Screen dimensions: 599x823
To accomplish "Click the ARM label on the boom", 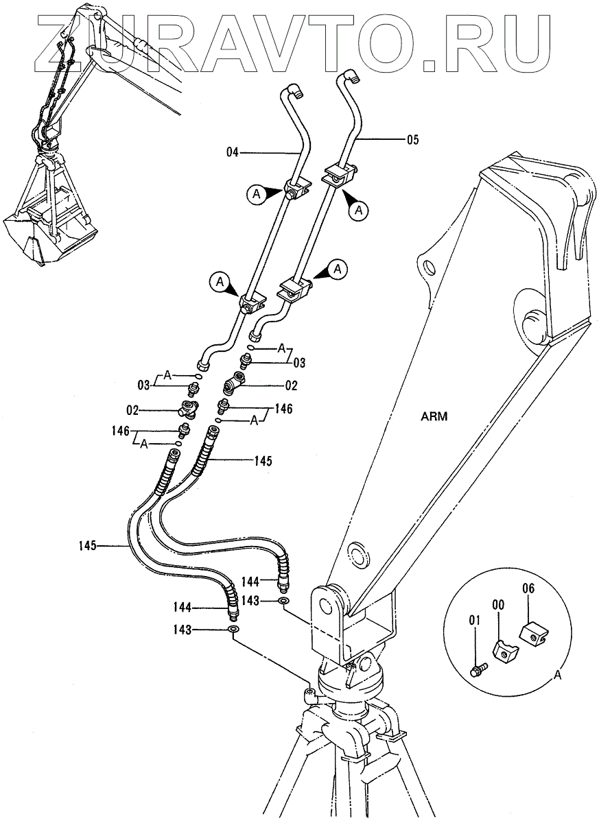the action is coord(434,417).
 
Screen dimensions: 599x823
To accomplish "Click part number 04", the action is coord(233,152).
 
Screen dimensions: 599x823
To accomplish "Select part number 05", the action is coord(413,140).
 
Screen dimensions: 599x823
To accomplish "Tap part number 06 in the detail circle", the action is coord(528,589).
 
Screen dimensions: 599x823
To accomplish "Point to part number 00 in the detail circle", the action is coord(498,605).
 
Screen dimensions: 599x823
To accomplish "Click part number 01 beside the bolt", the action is coord(474,621).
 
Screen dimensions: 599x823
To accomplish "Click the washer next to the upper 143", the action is coord(283,601).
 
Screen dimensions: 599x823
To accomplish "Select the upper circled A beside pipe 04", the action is coord(257,194).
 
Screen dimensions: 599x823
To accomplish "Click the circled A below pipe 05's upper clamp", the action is coord(360,210).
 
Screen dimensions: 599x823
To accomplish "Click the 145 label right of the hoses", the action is coord(262,461).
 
